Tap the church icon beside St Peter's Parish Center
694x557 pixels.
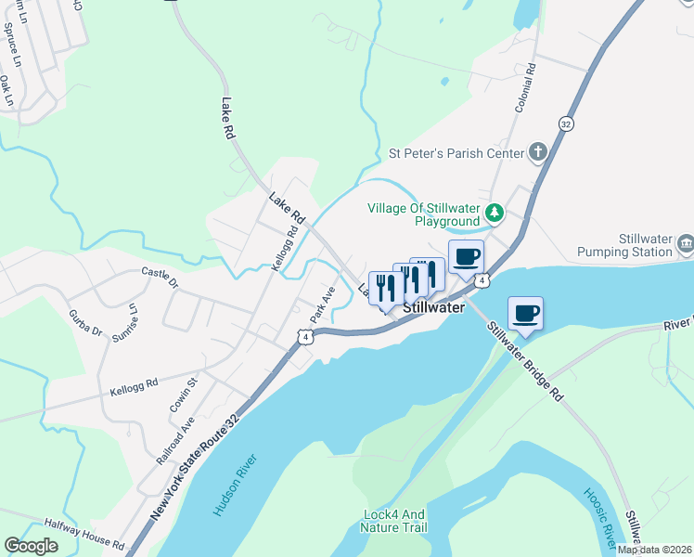click(x=537, y=152)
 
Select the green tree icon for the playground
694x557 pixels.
click(x=496, y=214)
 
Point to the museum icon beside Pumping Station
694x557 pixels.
click(x=685, y=244)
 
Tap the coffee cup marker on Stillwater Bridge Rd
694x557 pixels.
click(x=525, y=314)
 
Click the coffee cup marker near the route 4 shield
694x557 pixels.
click(x=466, y=256)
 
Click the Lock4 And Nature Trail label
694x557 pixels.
click(x=394, y=521)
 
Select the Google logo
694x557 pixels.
click(x=31, y=546)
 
